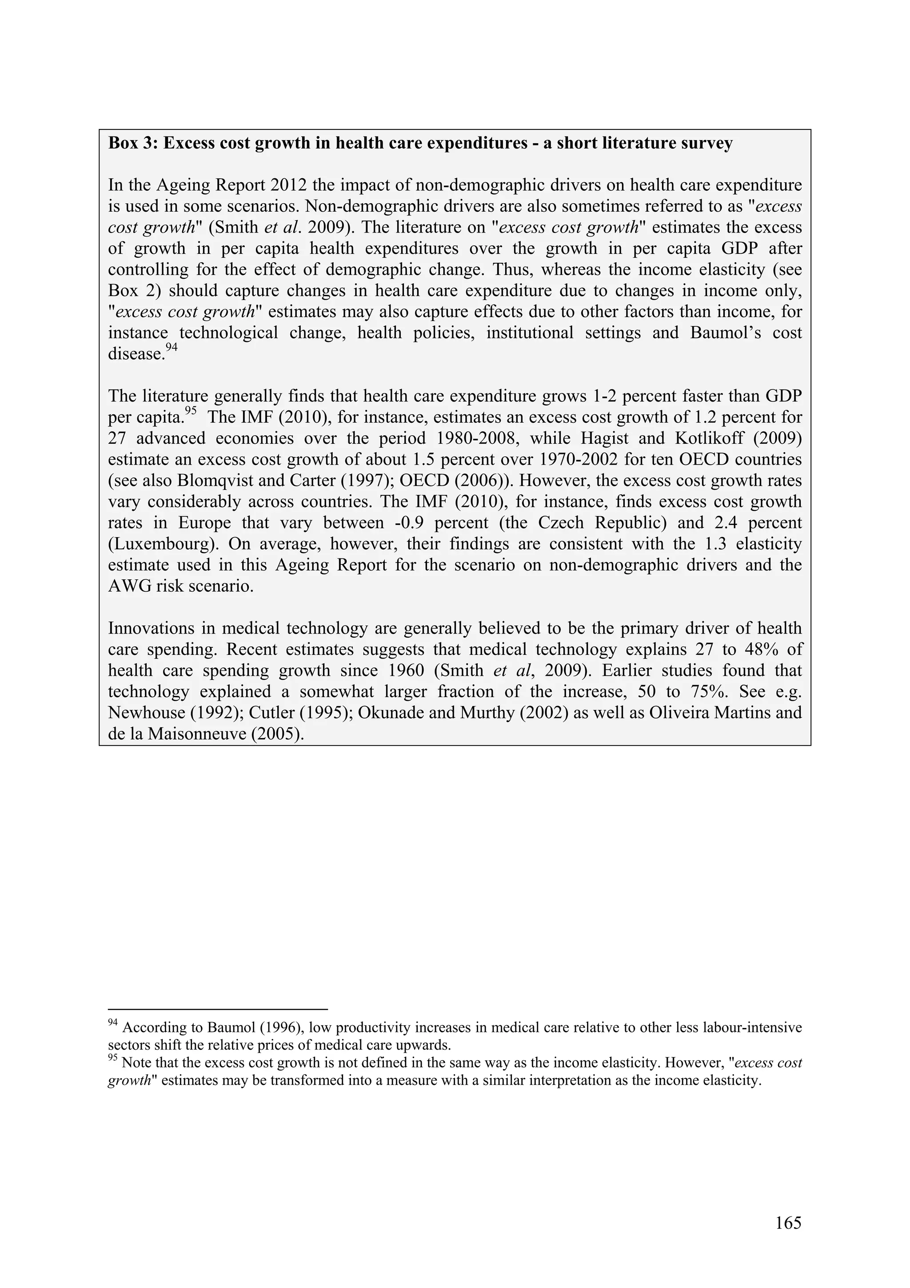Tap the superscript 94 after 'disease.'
coord(172,348)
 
